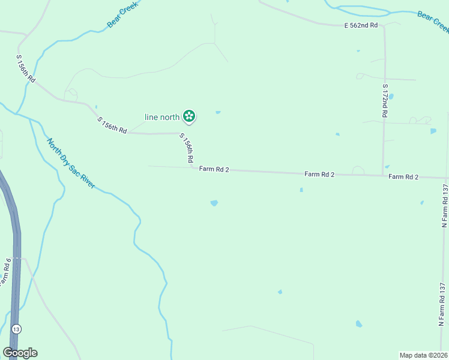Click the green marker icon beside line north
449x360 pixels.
pos(188,116)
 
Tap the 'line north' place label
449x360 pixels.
pos(162,117)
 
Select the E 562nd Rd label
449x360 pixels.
pos(361,25)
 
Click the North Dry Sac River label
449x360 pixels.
pos(71,163)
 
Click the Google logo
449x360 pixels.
pos(20,353)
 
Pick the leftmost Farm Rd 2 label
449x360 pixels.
pos(214,169)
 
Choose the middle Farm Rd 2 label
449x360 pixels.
pos(319,174)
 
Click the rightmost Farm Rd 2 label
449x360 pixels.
pos(403,176)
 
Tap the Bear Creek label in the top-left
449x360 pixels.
pos(122,14)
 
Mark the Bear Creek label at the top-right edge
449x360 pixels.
pos(433,22)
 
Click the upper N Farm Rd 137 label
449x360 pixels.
pos(445,205)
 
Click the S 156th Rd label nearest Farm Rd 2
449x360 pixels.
pos(186,148)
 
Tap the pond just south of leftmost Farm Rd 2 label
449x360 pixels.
pos(214,203)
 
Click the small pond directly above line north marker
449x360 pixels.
pos(218,112)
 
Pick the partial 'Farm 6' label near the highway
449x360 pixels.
pos(4,271)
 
